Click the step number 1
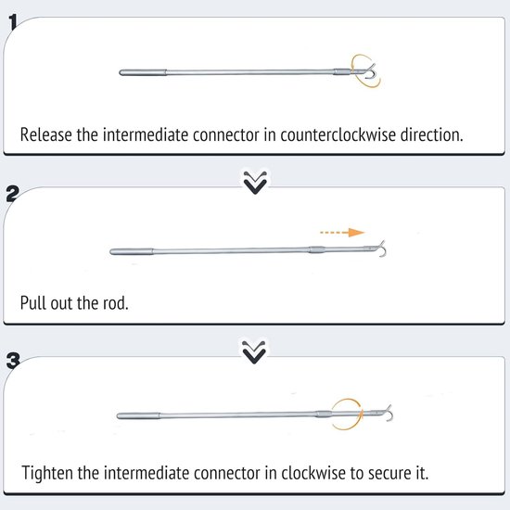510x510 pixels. (x=13, y=22)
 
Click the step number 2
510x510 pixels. (x=13, y=194)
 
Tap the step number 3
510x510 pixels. (x=13, y=361)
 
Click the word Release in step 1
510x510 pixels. (x=45, y=134)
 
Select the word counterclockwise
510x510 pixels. (x=338, y=134)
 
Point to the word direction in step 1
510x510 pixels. (x=431, y=134)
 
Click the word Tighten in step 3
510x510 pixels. (x=47, y=473)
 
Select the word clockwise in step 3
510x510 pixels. (x=313, y=473)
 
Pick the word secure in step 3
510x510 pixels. (x=390, y=473)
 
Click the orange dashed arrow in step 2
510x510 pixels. (x=342, y=232)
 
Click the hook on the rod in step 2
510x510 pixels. (x=382, y=249)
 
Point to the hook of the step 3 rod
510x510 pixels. (x=389, y=413)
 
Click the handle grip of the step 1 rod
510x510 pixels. (x=143, y=72)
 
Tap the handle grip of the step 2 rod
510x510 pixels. (x=132, y=251)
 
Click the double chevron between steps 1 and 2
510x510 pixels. (x=255, y=182)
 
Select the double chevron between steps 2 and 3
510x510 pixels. (x=254, y=352)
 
